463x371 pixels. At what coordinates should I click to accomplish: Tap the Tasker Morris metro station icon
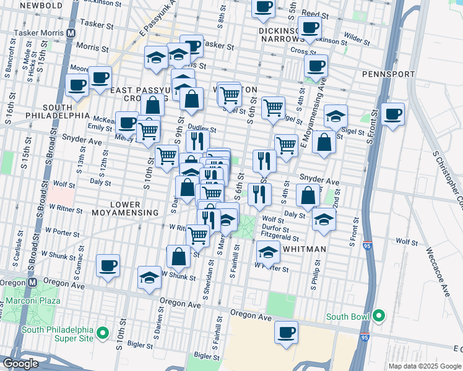[71, 32]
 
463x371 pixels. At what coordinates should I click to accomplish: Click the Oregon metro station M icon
[31, 281]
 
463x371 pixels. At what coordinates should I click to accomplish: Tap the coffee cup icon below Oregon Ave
[286, 332]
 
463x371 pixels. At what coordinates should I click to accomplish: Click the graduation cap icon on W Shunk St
[150, 278]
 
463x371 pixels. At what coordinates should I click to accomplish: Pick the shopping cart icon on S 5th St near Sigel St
[273, 108]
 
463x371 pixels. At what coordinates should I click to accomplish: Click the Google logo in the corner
[20, 364]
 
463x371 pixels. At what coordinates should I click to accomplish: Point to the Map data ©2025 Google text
[424, 366]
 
